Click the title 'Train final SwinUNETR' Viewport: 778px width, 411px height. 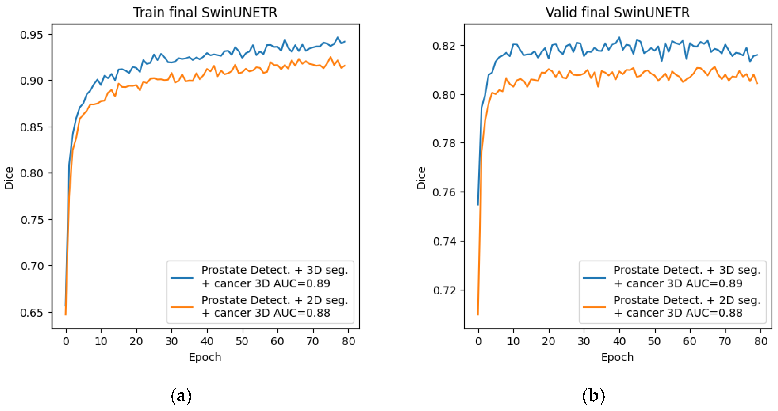coord(205,13)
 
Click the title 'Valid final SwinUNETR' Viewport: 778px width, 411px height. coord(618,13)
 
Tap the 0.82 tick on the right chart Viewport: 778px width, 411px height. coord(444,46)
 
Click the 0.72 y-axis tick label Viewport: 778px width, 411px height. coord(444,291)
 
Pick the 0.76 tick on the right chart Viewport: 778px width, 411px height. coord(444,193)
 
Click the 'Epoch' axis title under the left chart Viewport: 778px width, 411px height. coord(205,357)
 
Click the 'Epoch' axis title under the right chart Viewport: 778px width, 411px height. coord(617,357)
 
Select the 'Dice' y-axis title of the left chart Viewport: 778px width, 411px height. coord(9,178)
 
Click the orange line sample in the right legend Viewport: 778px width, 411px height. coord(594,307)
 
